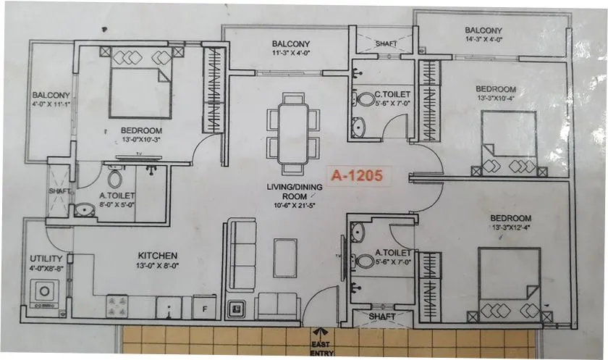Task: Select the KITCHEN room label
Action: point(158,256)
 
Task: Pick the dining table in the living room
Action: point(293,133)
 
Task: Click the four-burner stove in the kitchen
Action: point(117,306)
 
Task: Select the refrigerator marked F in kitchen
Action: point(205,307)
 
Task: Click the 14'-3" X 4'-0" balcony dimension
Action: point(484,41)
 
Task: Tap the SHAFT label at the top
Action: point(386,44)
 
